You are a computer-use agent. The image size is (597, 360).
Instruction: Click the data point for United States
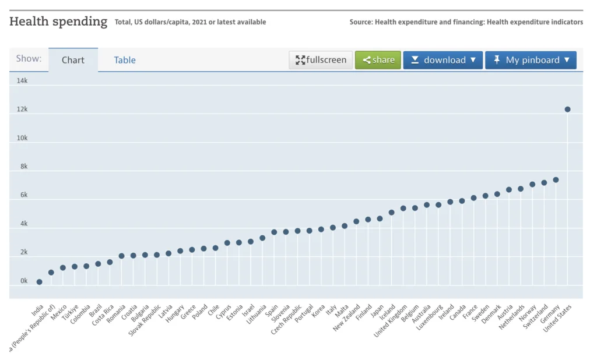(x=567, y=109)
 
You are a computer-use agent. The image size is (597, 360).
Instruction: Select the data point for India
(x=39, y=282)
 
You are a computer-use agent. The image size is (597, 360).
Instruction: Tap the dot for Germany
(x=556, y=179)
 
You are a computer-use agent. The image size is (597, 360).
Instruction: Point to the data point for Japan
(x=380, y=218)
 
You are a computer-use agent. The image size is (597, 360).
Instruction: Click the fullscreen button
(x=321, y=60)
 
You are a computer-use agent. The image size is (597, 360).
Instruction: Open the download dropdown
(x=443, y=60)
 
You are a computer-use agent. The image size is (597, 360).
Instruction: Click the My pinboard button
(x=531, y=60)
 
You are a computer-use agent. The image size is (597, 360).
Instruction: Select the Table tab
(x=125, y=60)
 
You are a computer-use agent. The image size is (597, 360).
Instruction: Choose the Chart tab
(x=73, y=60)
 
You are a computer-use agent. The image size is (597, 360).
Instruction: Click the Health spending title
(x=58, y=22)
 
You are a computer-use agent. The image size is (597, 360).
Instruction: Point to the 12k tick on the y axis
(x=22, y=110)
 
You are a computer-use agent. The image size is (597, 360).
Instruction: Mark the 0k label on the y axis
(x=23, y=281)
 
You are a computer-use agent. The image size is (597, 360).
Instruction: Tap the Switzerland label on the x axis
(x=536, y=316)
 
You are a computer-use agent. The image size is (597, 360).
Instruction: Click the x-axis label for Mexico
(x=57, y=312)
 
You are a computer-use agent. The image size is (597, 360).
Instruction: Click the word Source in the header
(x=361, y=22)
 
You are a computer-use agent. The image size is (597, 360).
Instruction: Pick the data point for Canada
(x=462, y=200)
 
